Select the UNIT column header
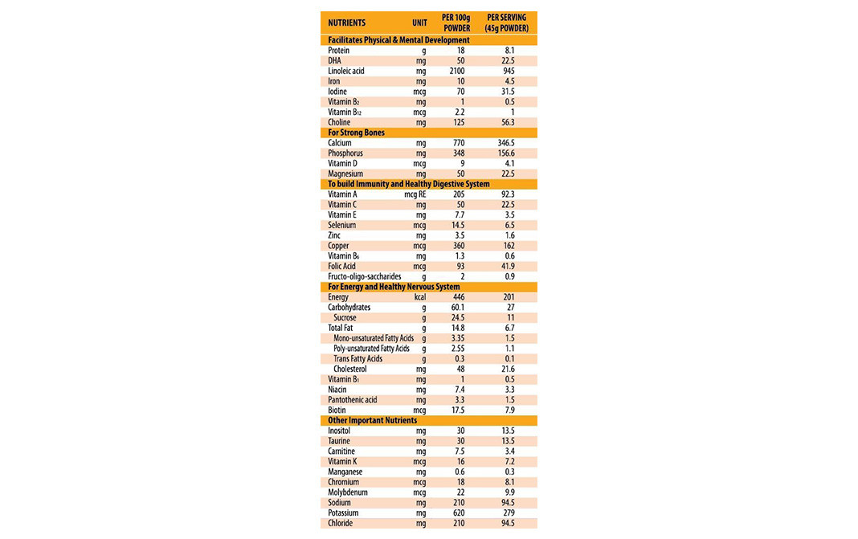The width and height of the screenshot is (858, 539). [419, 22]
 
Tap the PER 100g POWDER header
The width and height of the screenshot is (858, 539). [456, 22]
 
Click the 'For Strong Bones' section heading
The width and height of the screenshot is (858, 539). [356, 133]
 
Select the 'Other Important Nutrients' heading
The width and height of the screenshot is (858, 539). [372, 420]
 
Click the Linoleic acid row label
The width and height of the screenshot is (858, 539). [346, 71]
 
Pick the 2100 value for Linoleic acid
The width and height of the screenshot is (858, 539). [456, 71]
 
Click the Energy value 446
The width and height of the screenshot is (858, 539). [459, 297]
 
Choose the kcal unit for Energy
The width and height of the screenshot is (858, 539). [420, 297]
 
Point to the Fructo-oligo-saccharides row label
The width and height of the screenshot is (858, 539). [365, 276]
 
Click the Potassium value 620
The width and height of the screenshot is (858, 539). [458, 512]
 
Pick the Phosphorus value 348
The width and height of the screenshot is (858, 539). [459, 153]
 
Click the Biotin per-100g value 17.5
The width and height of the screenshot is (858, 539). [459, 410]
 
